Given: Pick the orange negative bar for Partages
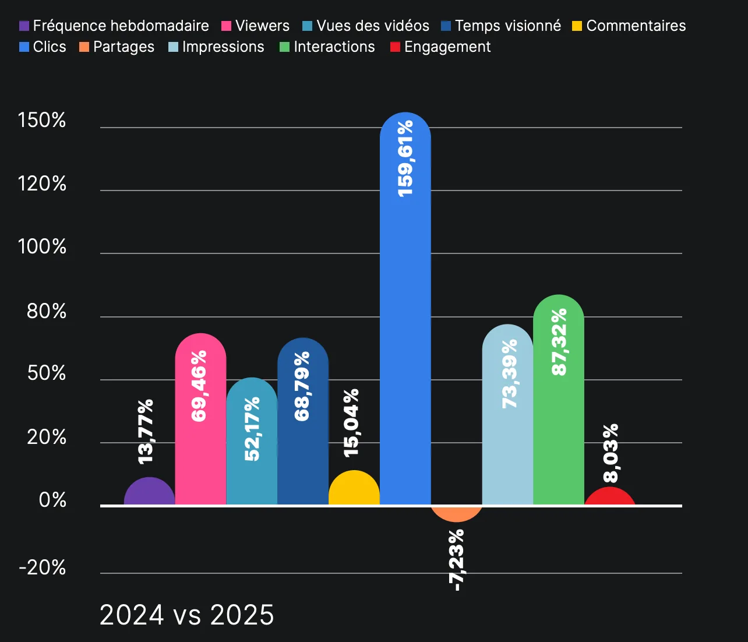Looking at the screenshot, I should (x=457, y=513).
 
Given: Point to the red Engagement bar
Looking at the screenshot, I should (x=609, y=497).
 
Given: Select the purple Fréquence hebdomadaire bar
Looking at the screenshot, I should (x=150, y=492).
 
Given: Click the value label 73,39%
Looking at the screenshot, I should (x=509, y=373).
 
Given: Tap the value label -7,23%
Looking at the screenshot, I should (x=457, y=560).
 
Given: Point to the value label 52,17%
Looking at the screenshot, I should (x=252, y=429).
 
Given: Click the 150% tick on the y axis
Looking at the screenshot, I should (x=42, y=121).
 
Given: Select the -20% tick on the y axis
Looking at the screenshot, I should (x=42, y=567).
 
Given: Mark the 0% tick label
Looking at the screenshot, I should (x=52, y=500).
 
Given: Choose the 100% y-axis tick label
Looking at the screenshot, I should (x=42, y=247).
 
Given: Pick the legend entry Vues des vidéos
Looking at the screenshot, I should (x=372, y=26).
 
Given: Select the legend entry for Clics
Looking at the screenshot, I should (x=49, y=47).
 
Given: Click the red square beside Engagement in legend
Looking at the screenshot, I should (x=396, y=47).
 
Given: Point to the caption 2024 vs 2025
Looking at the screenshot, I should (x=186, y=615).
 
